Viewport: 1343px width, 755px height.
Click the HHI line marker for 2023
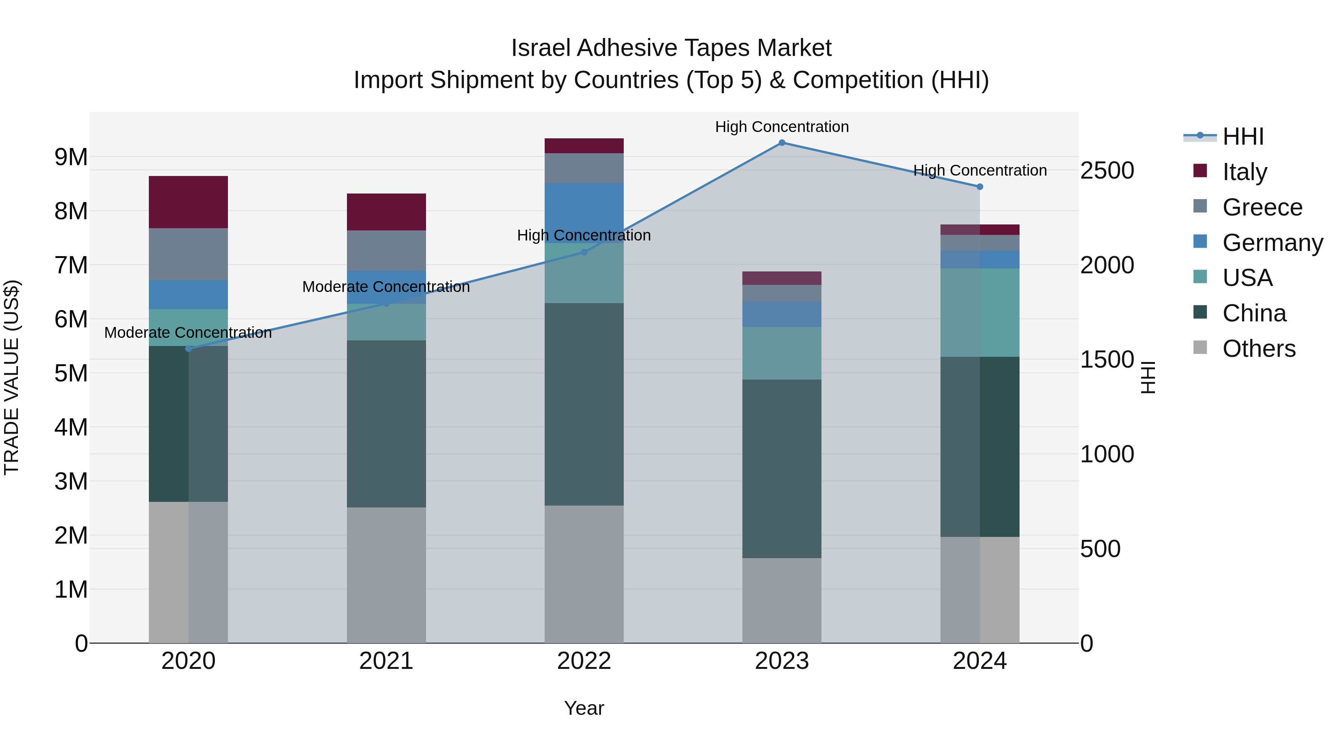tap(782, 143)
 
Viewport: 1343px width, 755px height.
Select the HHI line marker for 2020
tap(189, 349)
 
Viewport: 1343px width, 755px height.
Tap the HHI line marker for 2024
tap(980, 186)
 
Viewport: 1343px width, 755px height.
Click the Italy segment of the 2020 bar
tap(188, 202)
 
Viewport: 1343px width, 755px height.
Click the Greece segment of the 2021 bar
tap(386, 251)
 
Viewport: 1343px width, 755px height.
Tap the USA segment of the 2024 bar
tap(980, 313)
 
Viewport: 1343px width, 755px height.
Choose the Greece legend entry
tap(1262, 207)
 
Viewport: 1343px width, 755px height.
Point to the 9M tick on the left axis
tap(71, 157)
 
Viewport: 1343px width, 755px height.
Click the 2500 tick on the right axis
tap(1106, 170)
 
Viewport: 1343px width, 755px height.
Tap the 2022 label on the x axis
tap(584, 661)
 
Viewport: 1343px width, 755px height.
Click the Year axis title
tap(584, 708)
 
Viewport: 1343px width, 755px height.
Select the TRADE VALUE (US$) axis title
tap(12, 377)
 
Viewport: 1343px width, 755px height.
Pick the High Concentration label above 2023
tap(782, 127)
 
